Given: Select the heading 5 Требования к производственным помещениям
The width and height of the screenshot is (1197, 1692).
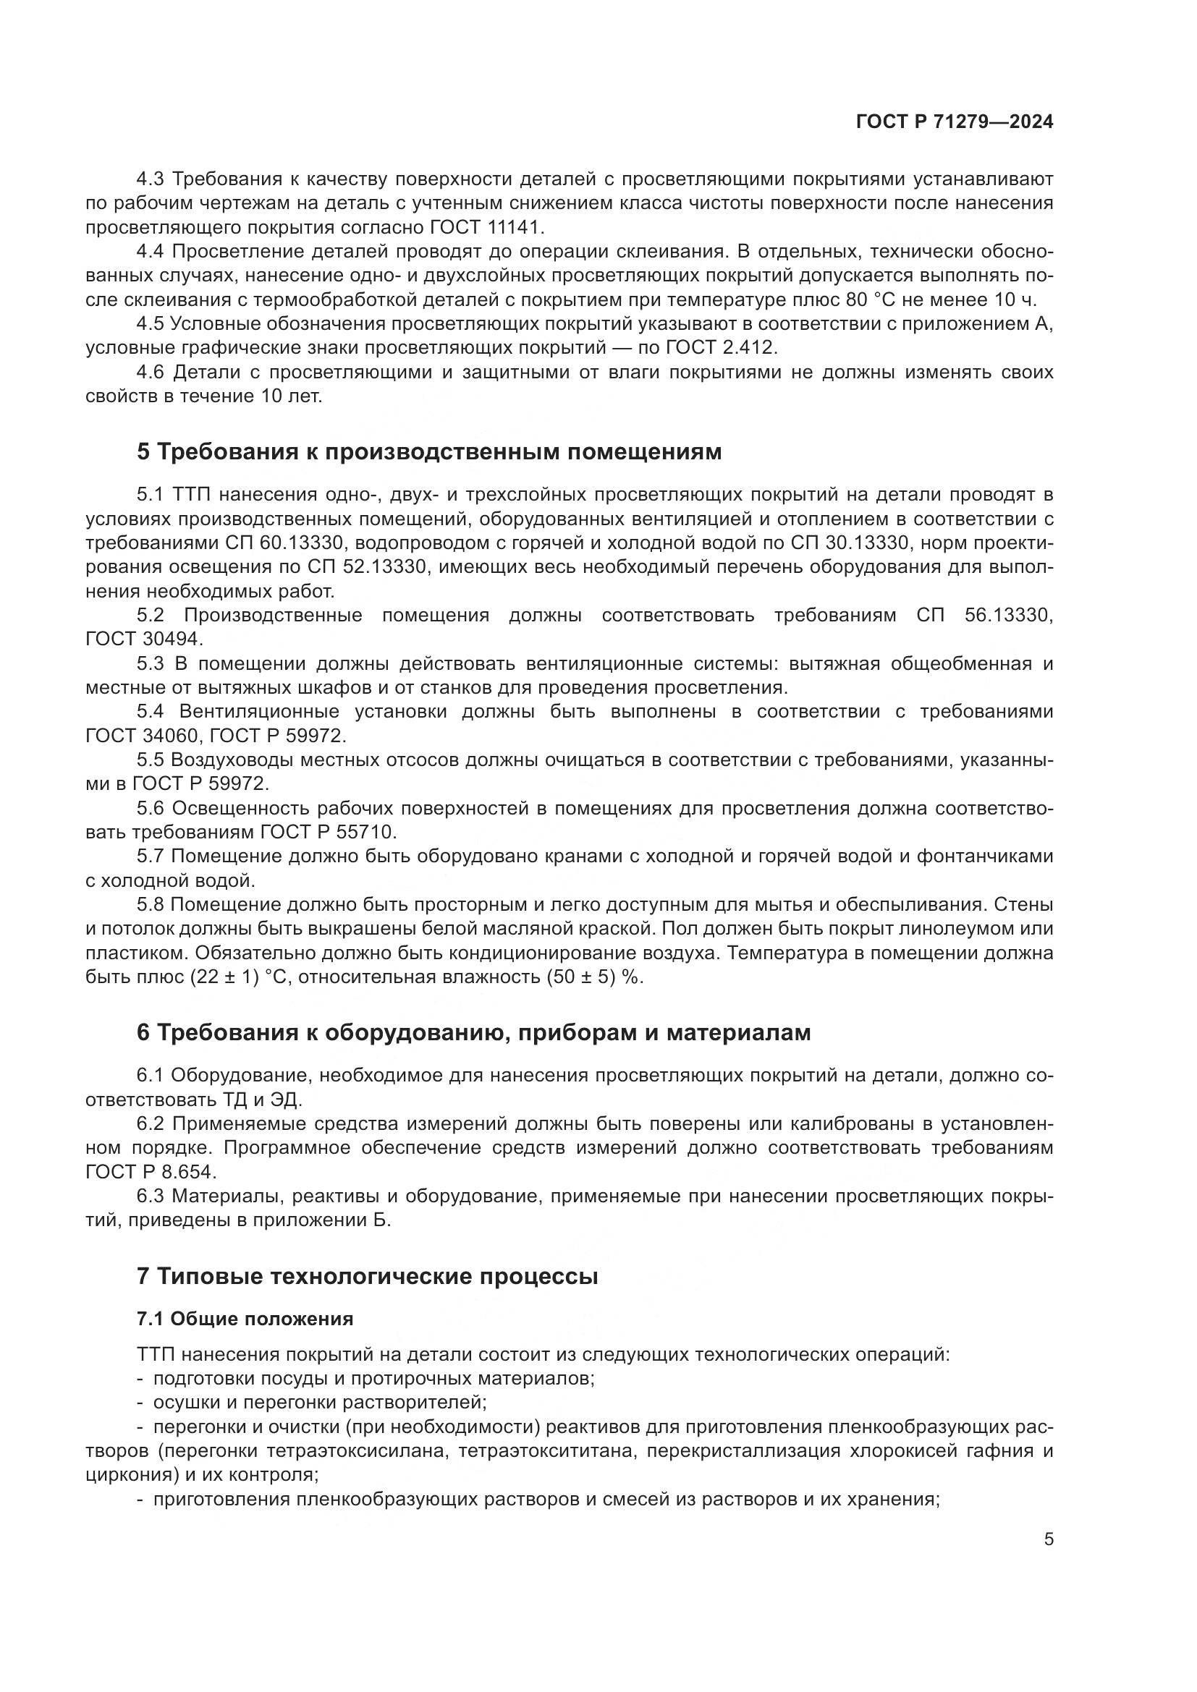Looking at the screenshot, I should (428, 451).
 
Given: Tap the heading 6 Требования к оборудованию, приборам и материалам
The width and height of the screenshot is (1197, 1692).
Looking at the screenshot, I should (473, 1032).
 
